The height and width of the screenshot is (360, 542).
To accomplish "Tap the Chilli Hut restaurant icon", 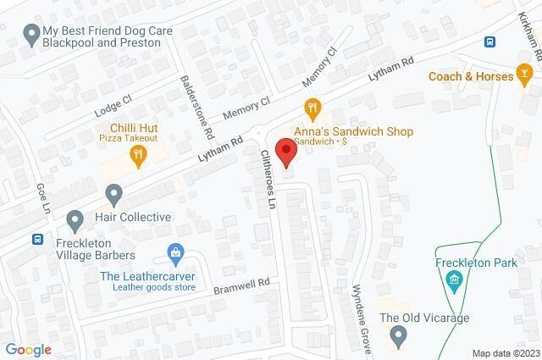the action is tap(136, 154).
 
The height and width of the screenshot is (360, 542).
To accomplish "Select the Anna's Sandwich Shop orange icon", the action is tap(312, 108).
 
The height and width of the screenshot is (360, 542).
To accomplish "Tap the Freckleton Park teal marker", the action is tap(455, 280).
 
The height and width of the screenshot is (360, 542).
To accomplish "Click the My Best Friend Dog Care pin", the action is tap(32, 35).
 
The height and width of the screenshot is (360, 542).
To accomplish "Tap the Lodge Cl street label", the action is tap(113, 102).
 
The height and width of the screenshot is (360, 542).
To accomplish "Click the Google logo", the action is tap(29, 349).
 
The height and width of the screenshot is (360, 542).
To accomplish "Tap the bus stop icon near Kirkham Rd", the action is tap(489, 42).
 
